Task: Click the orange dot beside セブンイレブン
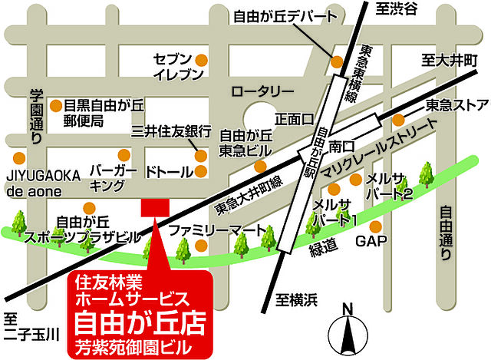click(201, 58)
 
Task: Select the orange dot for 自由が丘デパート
click(336, 61)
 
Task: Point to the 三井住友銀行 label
click(170, 132)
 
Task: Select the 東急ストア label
click(457, 104)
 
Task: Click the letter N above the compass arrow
click(348, 309)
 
